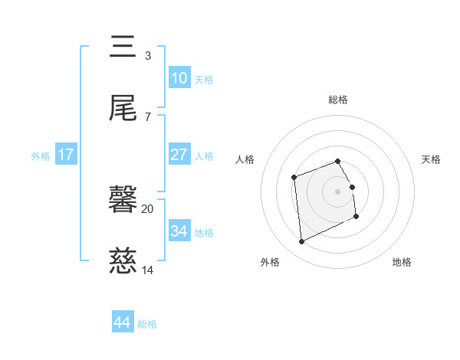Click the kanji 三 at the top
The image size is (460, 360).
click(x=123, y=46)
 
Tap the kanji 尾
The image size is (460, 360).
click(x=123, y=107)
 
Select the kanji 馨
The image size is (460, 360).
click(x=123, y=198)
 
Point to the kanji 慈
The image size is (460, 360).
click(x=123, y=260)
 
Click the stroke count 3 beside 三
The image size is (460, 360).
click(x=148, y=56)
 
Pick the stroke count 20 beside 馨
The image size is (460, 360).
click(x=147, y=209)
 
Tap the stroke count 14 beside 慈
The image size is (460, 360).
click(x=147, y=270)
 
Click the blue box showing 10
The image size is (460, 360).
click(x=179, y=77)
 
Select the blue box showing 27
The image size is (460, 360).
click(x=179, y=154)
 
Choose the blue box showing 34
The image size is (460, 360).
click(x=179, y=230)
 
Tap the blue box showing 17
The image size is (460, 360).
click(x=66, y=154)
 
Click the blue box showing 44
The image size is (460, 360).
click(x=123, y=321)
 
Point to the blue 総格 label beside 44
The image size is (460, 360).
click(x=147, y=324)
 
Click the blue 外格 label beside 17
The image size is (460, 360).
click(x=41, y=156)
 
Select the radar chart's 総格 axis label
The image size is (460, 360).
click(x=338, y=100)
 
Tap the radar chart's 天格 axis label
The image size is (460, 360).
click(x=431, y=159)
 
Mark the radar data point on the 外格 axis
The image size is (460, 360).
click(x=301, y=241)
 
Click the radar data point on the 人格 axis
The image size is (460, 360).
click(x=294, y=178)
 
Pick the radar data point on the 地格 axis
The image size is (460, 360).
click(x=356, y=216)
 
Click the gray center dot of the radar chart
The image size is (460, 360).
click(x=337, y=191)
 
